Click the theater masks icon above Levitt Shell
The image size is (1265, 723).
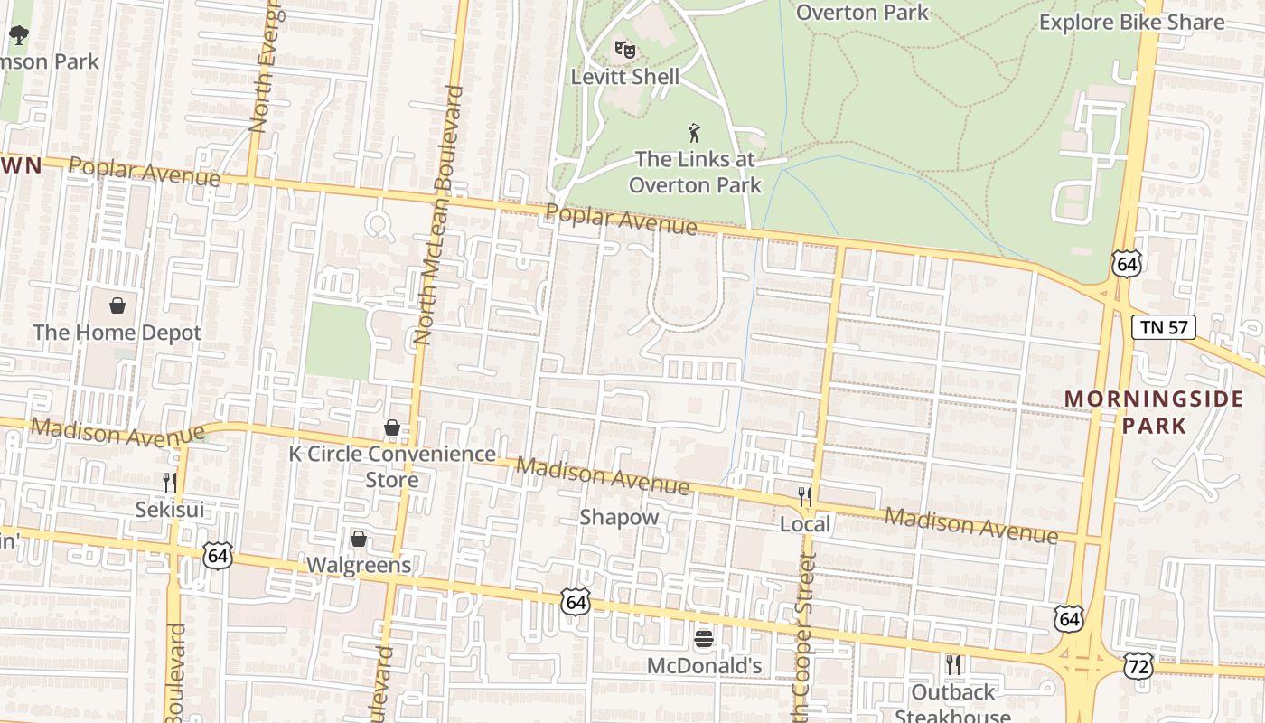click(x=624, y=48)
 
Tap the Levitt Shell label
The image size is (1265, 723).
click(x=624, y=77)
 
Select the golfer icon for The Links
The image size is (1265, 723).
click(x=694, y=133)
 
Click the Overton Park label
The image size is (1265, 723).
click(x=862, y=12)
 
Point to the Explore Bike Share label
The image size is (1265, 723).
click(x=1131, y=22)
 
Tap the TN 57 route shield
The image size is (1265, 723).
click(x=1164, y=327)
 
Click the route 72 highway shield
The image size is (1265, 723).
click(x=1138, y=667)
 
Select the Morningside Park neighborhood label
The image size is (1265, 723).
click(x=1154, y=411)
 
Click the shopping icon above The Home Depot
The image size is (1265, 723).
click(x=117, y=305)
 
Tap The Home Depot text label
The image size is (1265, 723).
click(x=117, y=333)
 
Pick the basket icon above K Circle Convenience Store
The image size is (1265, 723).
click(x=392, y=427)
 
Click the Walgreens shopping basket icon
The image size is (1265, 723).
click(x=359, y=540)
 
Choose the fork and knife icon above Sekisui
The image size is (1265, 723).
click(x=169, y=483)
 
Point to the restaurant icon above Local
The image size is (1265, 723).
click(x=805, y=496)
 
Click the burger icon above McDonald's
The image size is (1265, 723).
click(x=704, y=639)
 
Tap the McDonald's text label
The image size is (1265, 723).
click(x=704, y=667)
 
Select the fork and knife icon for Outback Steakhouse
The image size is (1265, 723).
click(x=952, y=665)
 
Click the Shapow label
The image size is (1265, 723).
click(x=619, y=518)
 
